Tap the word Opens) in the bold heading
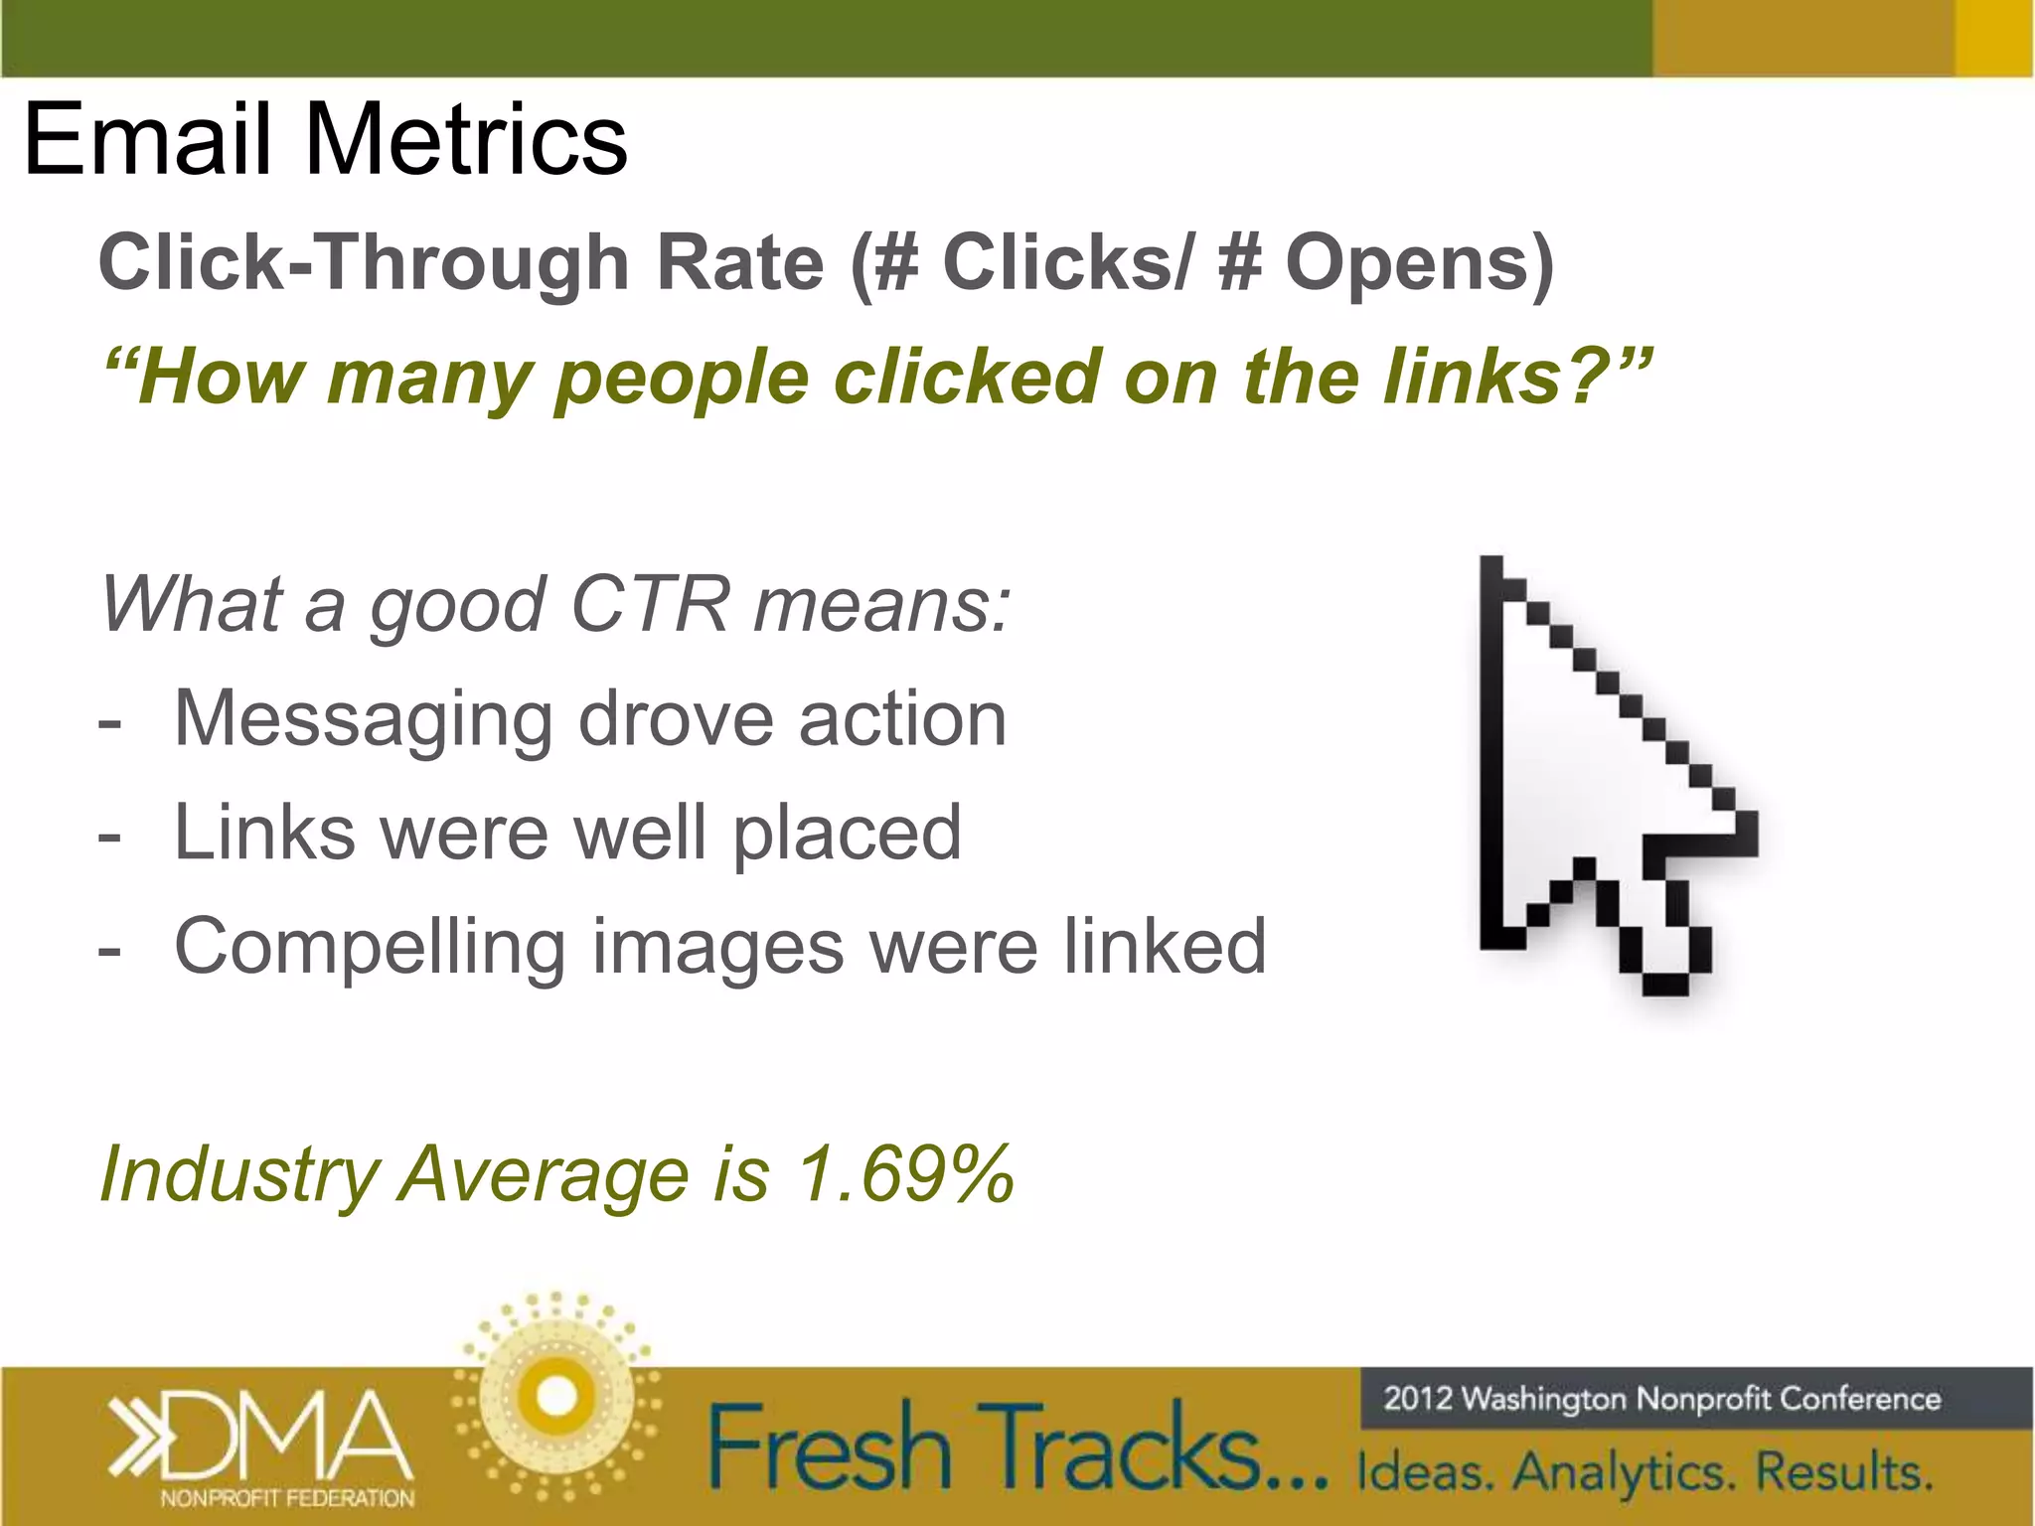[1420, 264]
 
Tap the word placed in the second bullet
[847, 833]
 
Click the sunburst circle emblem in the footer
[556, 1397]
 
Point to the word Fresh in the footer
[830, 1449]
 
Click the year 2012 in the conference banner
[1418, 1399]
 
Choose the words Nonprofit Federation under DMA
[287, 1498]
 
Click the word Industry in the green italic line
[239, 1174]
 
